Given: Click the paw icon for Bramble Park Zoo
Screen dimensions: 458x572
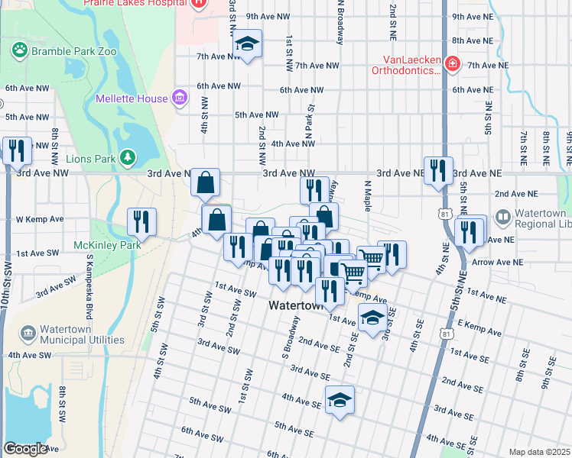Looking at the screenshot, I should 20,50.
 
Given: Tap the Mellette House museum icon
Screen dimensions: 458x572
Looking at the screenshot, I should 180,98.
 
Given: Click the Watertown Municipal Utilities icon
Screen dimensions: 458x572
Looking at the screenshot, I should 28,334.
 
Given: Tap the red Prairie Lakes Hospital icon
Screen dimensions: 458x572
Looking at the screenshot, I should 199,3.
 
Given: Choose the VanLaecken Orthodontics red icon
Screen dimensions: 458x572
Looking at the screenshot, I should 452,63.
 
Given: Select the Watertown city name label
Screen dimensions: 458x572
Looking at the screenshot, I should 297,305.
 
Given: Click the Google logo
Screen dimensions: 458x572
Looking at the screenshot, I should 25,449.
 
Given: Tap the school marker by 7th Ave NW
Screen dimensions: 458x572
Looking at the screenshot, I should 247,44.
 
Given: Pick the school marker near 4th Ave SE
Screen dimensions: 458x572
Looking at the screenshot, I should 340,399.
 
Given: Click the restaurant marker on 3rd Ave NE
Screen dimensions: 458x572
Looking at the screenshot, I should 438,170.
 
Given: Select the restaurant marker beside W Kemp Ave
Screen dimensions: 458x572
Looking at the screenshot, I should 141,221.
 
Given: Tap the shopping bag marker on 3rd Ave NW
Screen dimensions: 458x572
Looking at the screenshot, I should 206,182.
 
